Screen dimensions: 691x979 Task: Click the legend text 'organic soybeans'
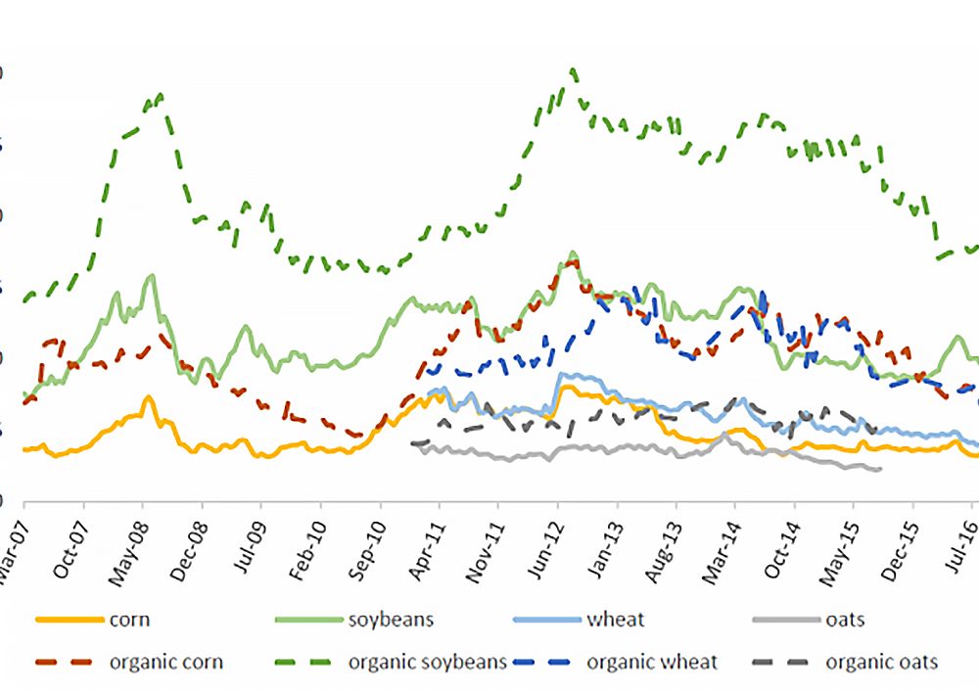[428, 663]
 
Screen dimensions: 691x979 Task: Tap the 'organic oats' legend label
[882, 663]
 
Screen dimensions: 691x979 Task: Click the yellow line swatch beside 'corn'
[69, 620]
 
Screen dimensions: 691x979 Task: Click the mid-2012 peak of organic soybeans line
[573, 70]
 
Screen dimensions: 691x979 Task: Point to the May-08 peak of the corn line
[147, 397]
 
